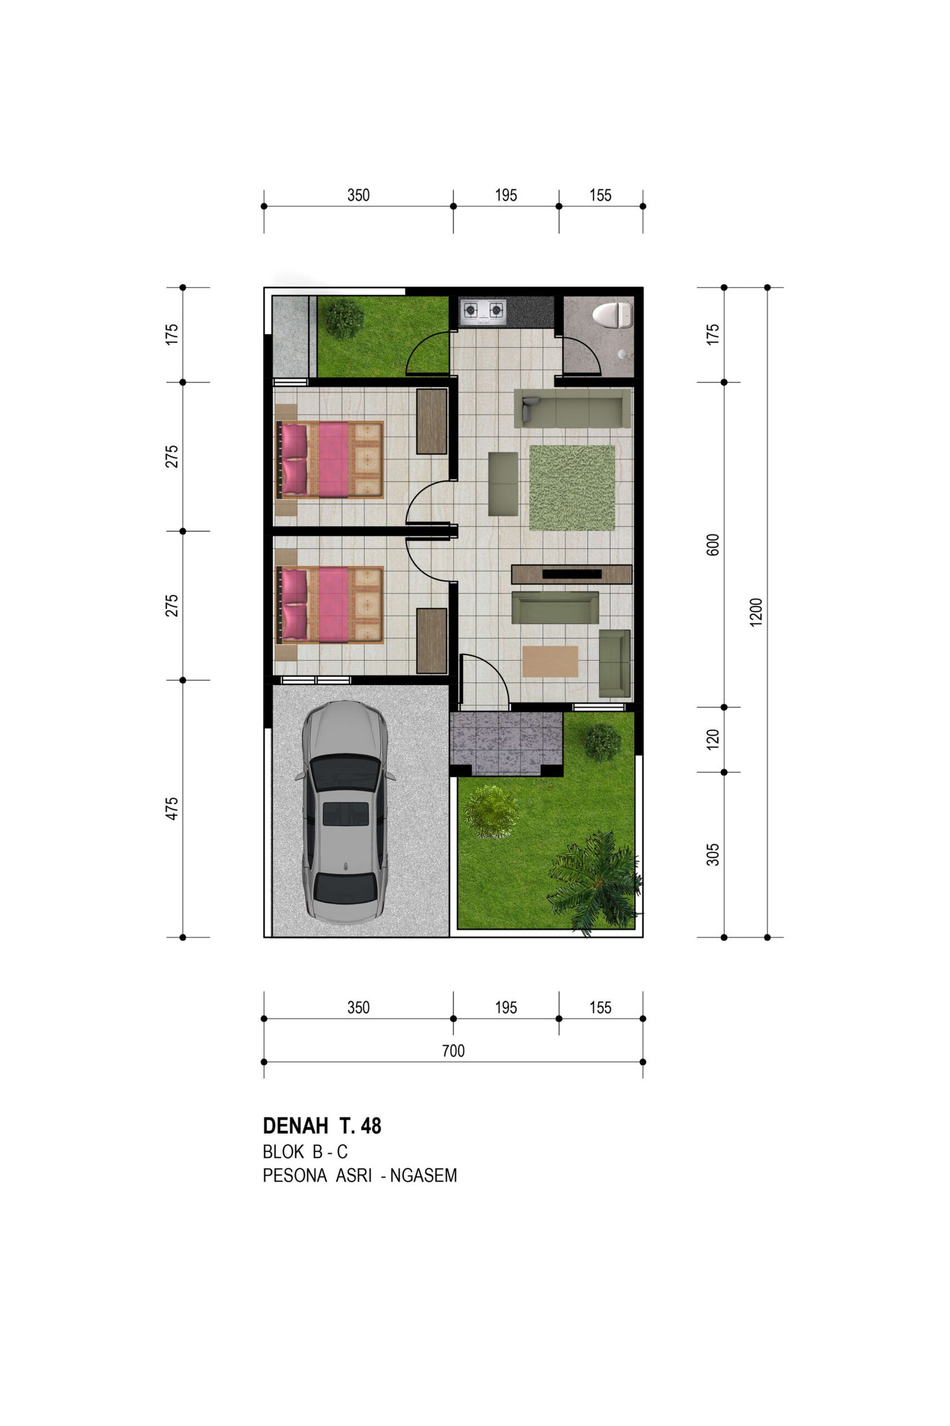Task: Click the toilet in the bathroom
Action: click(x=613, y=316)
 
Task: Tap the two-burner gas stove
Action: click(x=483, y=310)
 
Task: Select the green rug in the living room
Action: click(x=572, y=488)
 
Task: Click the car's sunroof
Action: click(x=346, y=813)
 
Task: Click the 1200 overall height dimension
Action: click(x=756, y=613)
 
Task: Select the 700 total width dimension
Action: click(x=453, y=1050)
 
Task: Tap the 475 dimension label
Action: click(x=172, y=809)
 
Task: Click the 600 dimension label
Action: click(x=713, y=544)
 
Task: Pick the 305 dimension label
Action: click(x=713, y=854)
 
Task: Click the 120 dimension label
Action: click(x=713, y=739)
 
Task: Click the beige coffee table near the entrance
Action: click(x=550, y=661)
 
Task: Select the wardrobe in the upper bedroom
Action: click(x=432, y=421)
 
